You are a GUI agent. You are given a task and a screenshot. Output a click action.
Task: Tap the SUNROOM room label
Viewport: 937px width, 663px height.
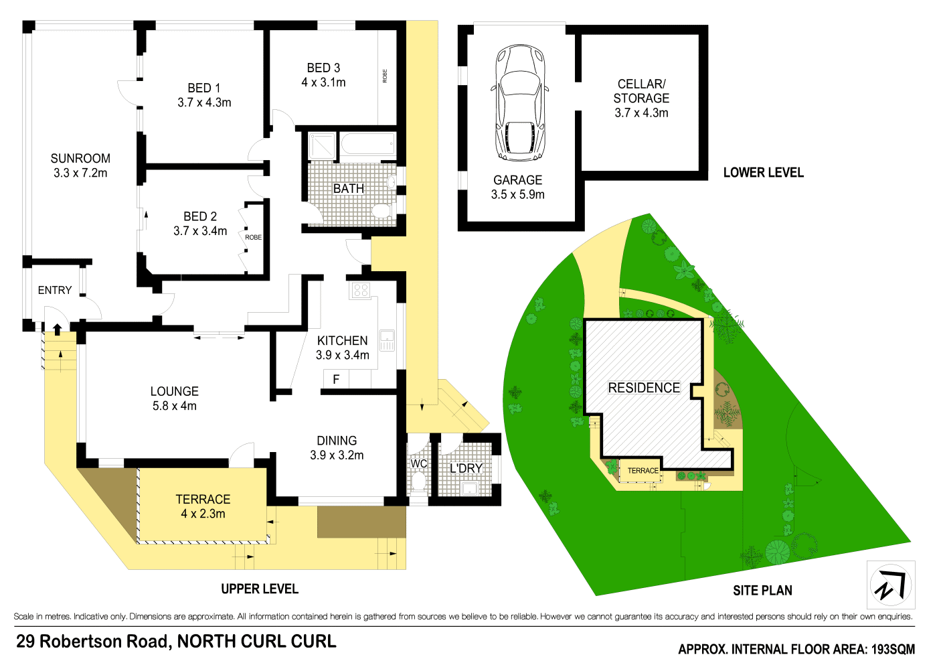click(x=80, y=159)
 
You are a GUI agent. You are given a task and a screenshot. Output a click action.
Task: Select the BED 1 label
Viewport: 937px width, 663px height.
click(x=204, y=88)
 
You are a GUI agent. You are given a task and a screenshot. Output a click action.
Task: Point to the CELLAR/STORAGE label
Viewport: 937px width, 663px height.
click(x=641, y=91)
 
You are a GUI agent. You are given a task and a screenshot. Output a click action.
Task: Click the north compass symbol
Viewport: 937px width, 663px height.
click(x=891, y=585)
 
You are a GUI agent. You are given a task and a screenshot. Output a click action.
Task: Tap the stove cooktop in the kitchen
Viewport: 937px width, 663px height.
click(x=361, y=290)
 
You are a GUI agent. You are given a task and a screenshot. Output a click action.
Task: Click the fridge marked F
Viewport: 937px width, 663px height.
click(x=336, y=379)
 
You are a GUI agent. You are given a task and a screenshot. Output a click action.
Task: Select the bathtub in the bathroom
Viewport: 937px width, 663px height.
click(x=367, y=144)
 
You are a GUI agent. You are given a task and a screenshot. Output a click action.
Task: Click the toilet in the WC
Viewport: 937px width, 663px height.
click(x=418, y=480)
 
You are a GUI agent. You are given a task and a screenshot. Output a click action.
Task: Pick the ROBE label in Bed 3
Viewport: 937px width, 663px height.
click(x=385, y=76)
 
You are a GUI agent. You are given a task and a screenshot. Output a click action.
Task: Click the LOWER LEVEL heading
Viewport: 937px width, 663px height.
click(x=763, y=172)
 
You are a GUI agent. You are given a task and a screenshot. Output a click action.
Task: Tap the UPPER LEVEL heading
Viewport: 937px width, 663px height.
click(x=260, y=589)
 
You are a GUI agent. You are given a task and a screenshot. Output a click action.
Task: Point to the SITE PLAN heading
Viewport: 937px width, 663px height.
click(x=762, y=590)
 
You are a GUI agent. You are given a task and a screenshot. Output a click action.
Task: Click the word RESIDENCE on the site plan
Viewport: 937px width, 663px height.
click(x=644, y=388)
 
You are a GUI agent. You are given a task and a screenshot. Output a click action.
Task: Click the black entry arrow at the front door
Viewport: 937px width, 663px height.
click(x=58, y=328)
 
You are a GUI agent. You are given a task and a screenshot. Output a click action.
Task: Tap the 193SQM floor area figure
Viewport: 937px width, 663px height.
click(x=892, y=649)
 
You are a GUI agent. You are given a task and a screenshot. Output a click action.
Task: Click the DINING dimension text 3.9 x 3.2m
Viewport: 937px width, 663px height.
click(x=337, y=455)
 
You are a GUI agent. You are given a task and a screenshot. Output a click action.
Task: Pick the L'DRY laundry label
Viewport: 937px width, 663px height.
click(x=466, y=468)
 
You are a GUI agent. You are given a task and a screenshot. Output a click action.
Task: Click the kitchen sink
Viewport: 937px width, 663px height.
click(x=387, y=340)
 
